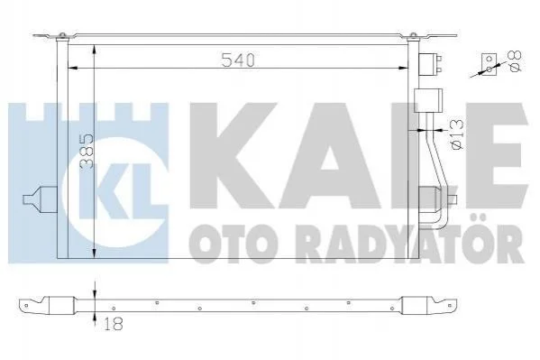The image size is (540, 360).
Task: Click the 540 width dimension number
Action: pos(238,60)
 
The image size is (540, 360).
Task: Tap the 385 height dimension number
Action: pos(87,152)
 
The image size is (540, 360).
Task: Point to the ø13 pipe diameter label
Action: pos(457,134)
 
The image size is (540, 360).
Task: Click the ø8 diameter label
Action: pos(515,61)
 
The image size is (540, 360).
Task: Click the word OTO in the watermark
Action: pos(228,244)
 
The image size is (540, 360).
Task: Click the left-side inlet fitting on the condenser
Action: pos(40,199)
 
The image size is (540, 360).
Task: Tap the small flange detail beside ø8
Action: pos(490,64)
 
